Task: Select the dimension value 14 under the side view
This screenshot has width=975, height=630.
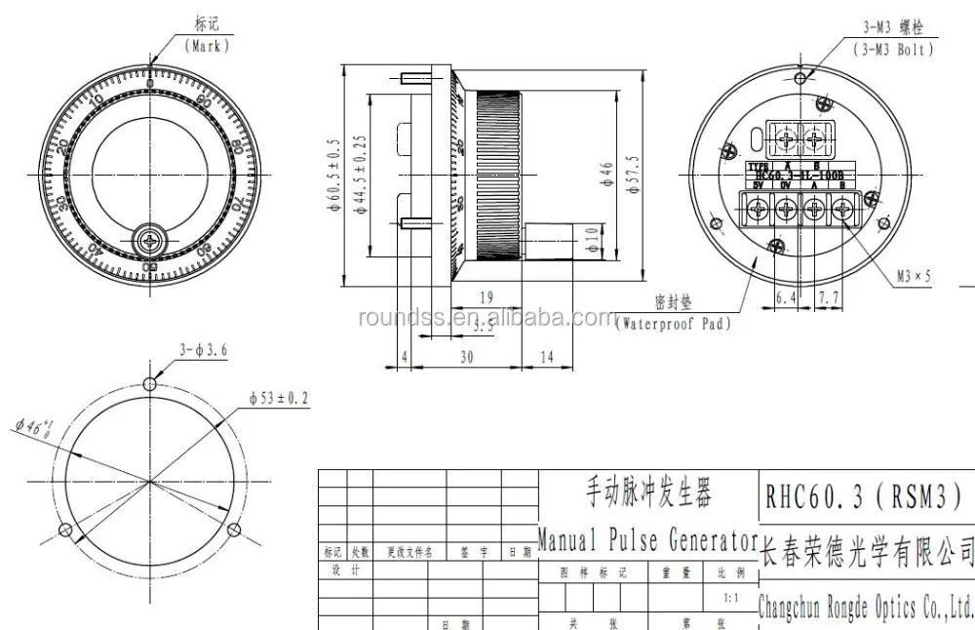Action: pos(546,358)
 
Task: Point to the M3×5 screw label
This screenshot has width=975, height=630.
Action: pos(914,277)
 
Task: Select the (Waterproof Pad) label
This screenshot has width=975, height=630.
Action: pos(673,323)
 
